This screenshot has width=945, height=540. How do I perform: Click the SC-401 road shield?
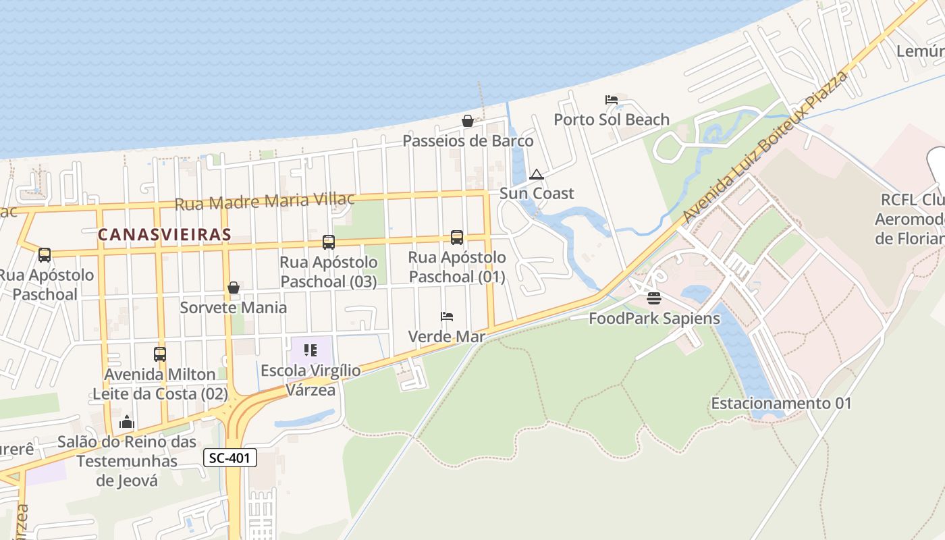click(230, 458)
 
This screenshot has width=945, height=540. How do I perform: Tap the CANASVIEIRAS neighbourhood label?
click(164, 234)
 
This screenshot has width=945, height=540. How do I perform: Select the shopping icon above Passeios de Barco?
click(467, 121)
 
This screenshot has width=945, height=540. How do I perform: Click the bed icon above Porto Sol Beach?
click(612, 100)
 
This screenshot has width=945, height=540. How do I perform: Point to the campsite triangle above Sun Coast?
click(537, 174)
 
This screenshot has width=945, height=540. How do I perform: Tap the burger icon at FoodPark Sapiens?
click(653, 298)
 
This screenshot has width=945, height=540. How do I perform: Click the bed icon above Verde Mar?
click(446, 316)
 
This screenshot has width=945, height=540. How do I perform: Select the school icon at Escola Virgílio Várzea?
click(310, 350)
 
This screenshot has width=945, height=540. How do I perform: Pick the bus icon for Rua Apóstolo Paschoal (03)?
click(329, 242)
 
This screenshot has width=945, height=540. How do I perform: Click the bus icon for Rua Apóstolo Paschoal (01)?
click(457, 237)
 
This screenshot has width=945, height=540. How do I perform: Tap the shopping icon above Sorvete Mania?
click(234, 288)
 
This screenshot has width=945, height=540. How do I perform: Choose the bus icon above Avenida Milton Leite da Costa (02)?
click(160, 354)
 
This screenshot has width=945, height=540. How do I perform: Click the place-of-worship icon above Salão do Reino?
click(127, 423)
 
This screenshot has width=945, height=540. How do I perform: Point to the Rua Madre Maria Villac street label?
click(265, 201)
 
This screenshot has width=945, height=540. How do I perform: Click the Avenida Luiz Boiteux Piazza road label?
click(765, 146)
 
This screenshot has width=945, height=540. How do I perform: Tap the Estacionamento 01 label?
click(781, 403)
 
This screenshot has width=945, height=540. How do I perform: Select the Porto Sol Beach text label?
click(612, 119)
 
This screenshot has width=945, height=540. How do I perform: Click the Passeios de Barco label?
click(468, 141)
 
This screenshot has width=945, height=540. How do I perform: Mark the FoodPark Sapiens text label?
click(654, 318)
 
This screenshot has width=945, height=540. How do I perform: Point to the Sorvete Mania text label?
click(233, 307)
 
